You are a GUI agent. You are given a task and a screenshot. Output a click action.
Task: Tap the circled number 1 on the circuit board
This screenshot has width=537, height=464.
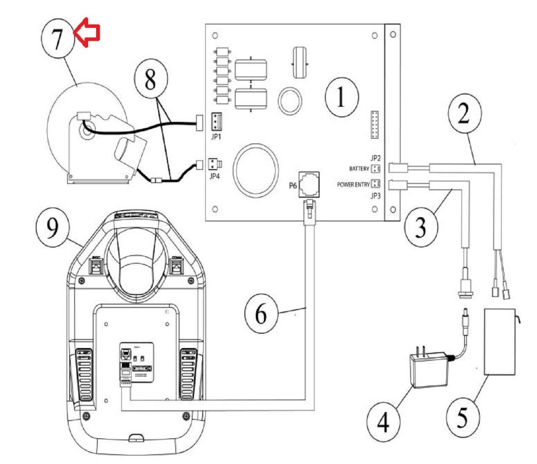341,97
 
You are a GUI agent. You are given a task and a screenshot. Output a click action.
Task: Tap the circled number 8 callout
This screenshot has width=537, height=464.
150,80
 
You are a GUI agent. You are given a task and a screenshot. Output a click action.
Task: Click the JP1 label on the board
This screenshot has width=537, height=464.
216,137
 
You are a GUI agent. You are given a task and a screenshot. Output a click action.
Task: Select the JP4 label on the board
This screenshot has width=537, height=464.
215,176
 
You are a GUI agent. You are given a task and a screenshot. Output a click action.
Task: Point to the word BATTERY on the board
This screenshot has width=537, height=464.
359,169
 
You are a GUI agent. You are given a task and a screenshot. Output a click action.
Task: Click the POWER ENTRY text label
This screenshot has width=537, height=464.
353,185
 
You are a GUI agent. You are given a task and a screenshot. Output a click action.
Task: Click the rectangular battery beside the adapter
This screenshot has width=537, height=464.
500,342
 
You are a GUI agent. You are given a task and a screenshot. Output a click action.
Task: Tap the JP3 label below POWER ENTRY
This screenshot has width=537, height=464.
376,195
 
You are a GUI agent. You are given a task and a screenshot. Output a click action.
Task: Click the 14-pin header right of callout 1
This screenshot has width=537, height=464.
374,125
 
